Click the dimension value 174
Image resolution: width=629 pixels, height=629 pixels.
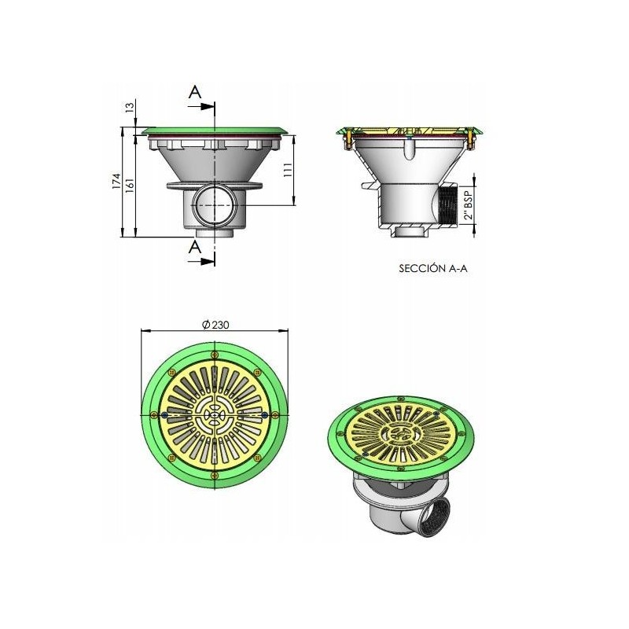(116, 181)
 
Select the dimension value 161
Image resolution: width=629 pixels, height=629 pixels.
(129, 185)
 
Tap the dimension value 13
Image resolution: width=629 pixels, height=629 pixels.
(130, 107)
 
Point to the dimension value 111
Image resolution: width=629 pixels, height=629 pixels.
(287, 171)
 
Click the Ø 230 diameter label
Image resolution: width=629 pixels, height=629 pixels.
(215, 325)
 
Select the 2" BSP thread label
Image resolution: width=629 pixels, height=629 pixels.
(468, 204)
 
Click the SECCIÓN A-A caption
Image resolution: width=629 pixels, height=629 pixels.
(433, 268)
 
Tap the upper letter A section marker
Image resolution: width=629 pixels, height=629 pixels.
(195, 92)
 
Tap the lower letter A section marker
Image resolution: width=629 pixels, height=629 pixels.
(195, 247)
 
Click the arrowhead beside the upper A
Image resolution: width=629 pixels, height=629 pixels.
(208, 106)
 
